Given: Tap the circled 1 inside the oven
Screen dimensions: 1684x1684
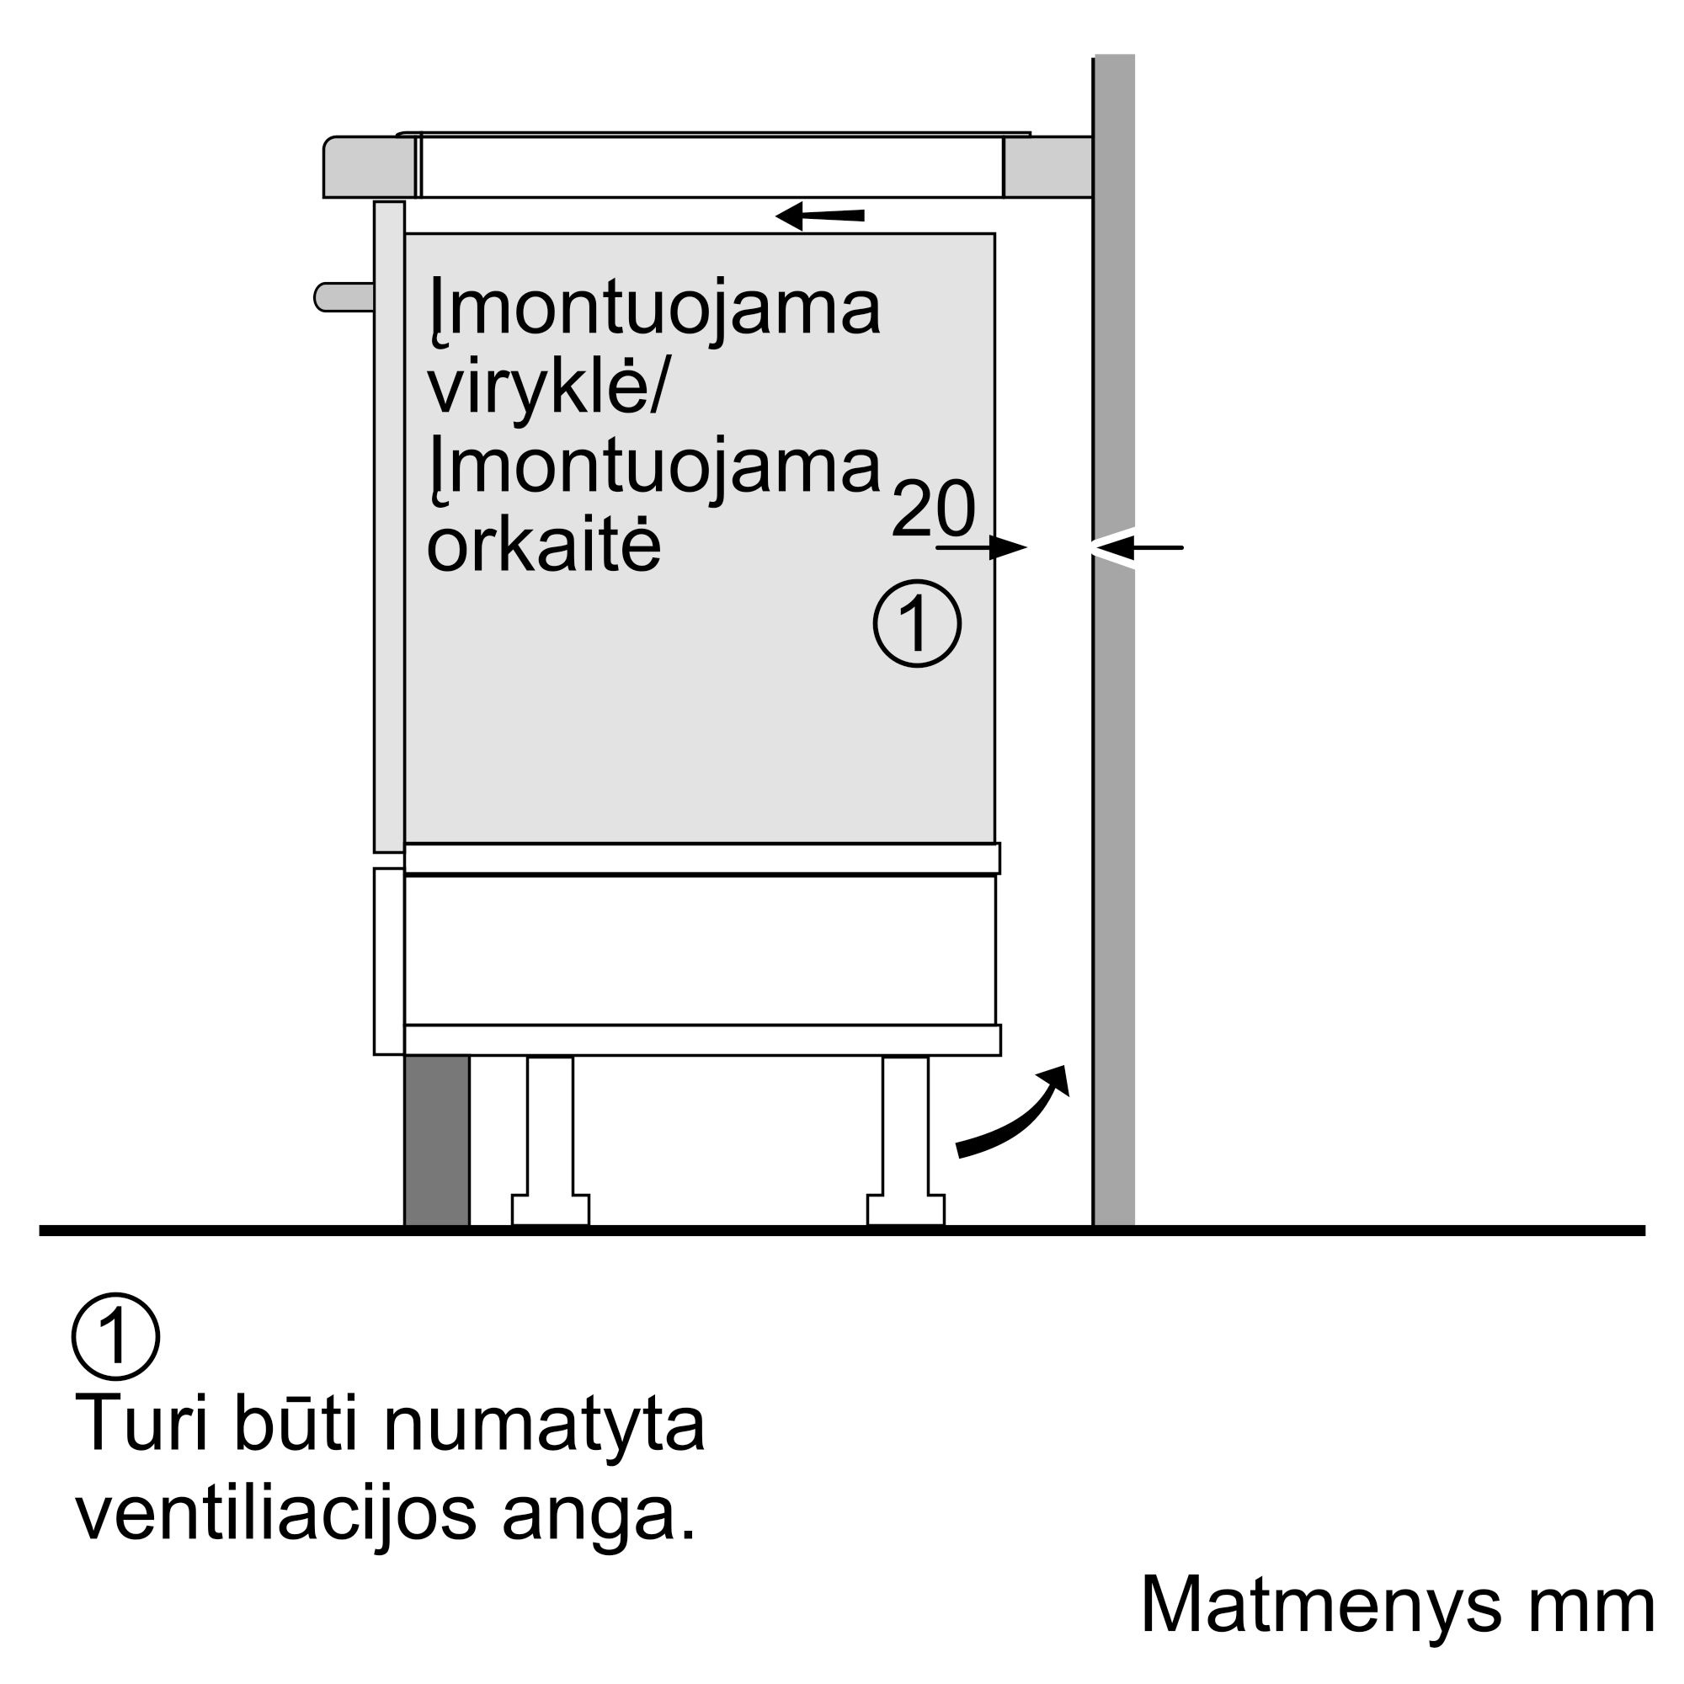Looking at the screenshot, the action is click(918, 624).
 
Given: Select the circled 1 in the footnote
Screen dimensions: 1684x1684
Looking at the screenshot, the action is click(116, 1337).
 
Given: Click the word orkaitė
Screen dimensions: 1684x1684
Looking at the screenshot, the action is click(544, 544).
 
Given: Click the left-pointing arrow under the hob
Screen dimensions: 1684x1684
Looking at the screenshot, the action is click(819, 216).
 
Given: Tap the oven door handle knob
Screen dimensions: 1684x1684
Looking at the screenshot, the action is click(344, 297).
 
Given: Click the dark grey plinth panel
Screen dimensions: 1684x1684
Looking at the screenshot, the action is click(437, 1140).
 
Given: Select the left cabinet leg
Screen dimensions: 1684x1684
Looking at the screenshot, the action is click(550, 1140).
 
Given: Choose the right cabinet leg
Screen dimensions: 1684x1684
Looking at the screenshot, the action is click(906, 1140).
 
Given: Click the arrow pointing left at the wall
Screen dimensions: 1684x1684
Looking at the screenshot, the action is click(1137, 547).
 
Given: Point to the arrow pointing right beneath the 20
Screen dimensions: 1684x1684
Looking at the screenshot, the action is click(982, 547).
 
